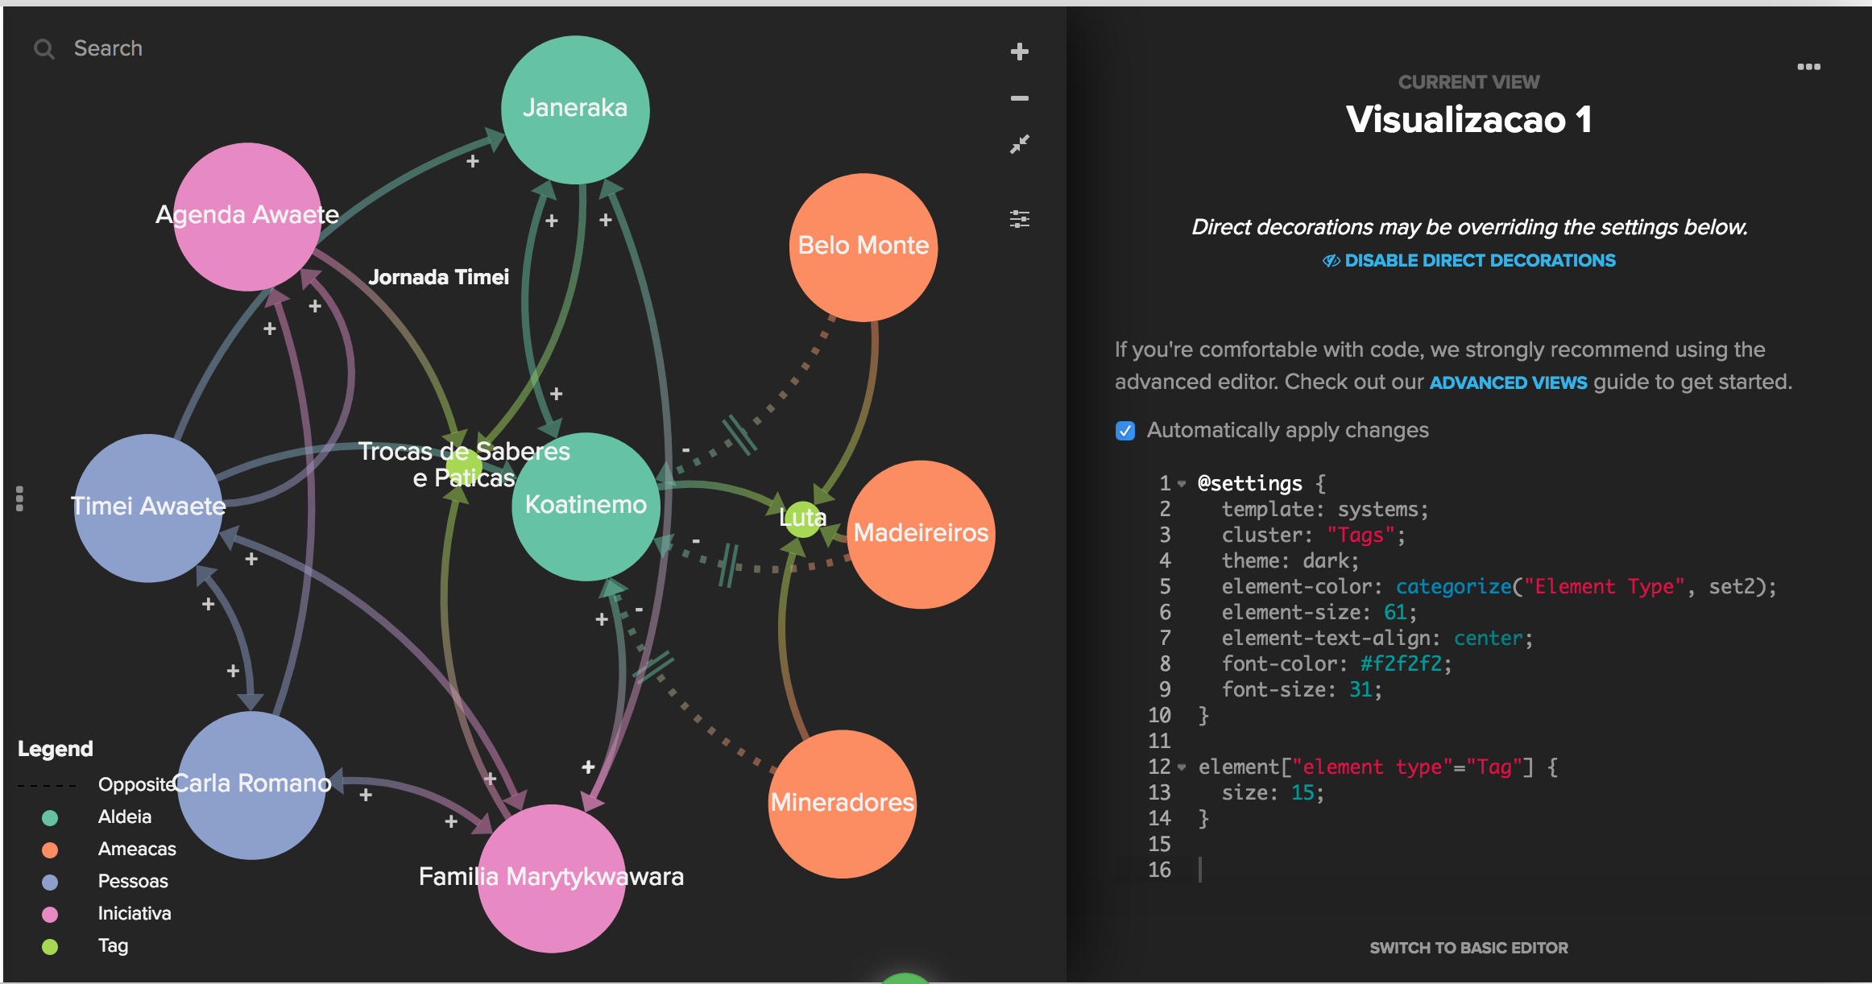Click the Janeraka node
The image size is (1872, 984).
[x=575, y=110]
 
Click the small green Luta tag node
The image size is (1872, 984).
[x=802, y=518]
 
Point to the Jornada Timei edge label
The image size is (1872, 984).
[x=438, y=277]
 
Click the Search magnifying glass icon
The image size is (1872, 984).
[x=43, y=49]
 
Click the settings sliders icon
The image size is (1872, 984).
[x=1020, y=219]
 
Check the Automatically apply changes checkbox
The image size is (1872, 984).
[x=1125, y=431]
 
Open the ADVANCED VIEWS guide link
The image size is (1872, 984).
[x=1508, y=382]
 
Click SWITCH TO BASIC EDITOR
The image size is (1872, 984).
[x=1468, y=948]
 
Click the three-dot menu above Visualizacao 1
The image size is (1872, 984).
[x=1808, y=67]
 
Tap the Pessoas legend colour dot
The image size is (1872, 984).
[x=50, y=882]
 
